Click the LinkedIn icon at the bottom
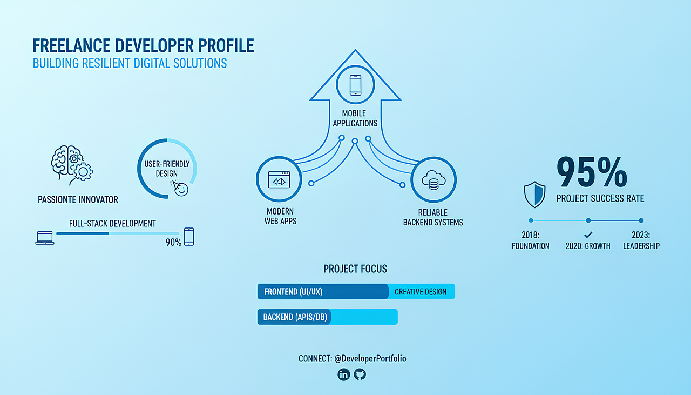(x=344, y=374)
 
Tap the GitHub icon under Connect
(x=360, y=374)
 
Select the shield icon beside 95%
(x=534, y=195)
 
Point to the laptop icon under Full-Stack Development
(x=45, y=238)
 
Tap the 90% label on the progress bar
(x=173, y=243)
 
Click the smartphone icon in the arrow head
(x=355, y=85)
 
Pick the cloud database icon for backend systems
(x=433, y=180)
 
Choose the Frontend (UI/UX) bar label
(x=293, y=292)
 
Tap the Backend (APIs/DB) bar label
(x=295, y=317)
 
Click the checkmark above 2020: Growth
(x=588, y=235)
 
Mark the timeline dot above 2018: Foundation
(x=531, y=220)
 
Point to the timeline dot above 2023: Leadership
(x=641, y=220)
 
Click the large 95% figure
(x=592, y=172)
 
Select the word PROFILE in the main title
(x=226, y=46)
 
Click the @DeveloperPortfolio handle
(x=370, y=359)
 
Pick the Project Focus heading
(x=355, y=269)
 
